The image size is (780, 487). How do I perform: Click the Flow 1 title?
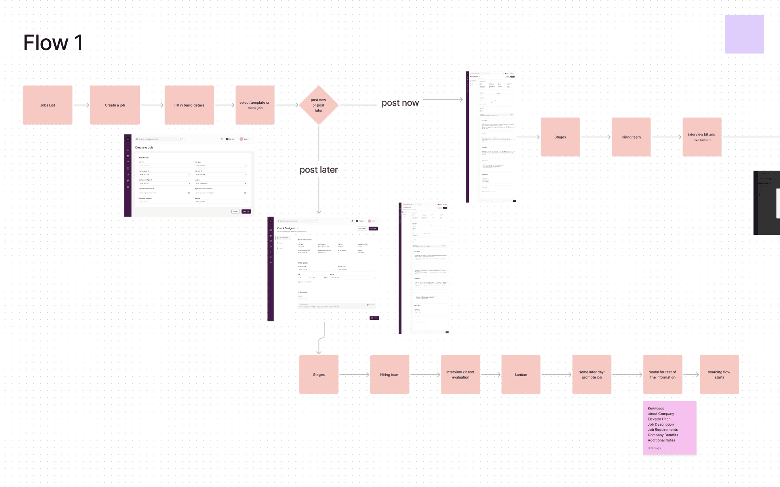coord(53,43)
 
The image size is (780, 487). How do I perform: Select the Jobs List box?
coord(48,105)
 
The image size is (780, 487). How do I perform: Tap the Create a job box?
coord(115,105)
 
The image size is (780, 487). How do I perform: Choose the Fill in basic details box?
coord(189,105)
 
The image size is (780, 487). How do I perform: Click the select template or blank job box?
coord(255,105)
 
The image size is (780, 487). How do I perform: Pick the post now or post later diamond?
coord(318,105)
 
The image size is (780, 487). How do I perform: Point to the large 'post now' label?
coord(400,103)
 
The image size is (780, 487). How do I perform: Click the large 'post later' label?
coord(319,170)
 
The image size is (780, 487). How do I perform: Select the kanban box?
coord(521,375)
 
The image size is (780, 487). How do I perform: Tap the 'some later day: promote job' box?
coord(592,375)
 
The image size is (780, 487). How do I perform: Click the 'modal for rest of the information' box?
coord(662,375)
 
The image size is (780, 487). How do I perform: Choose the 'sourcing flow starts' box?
coord(719,375)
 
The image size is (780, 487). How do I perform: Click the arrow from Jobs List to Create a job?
coord(81,105)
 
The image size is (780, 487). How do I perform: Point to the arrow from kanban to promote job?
coord(556,375)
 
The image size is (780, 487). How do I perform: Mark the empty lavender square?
coord(744,34)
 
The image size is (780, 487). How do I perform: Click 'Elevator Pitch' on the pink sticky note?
coord(659,419)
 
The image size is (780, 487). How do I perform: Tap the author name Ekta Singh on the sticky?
coord(654,448)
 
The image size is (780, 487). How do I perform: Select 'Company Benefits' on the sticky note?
coord(663,435)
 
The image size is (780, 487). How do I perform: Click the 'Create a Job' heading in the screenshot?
coord(144,148)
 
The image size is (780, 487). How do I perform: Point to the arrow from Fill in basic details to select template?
coord(224,105)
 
